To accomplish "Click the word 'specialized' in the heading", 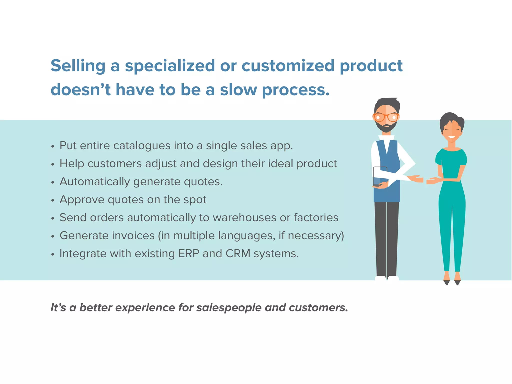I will tap(170, 66).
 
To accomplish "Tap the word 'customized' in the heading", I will tap(288, 66).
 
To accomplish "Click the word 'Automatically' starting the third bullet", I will tap(94, 182).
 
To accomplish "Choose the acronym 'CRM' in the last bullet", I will tap(238, 254).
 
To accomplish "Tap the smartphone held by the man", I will tap(380, 176).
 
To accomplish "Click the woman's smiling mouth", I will tap(451, 137).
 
